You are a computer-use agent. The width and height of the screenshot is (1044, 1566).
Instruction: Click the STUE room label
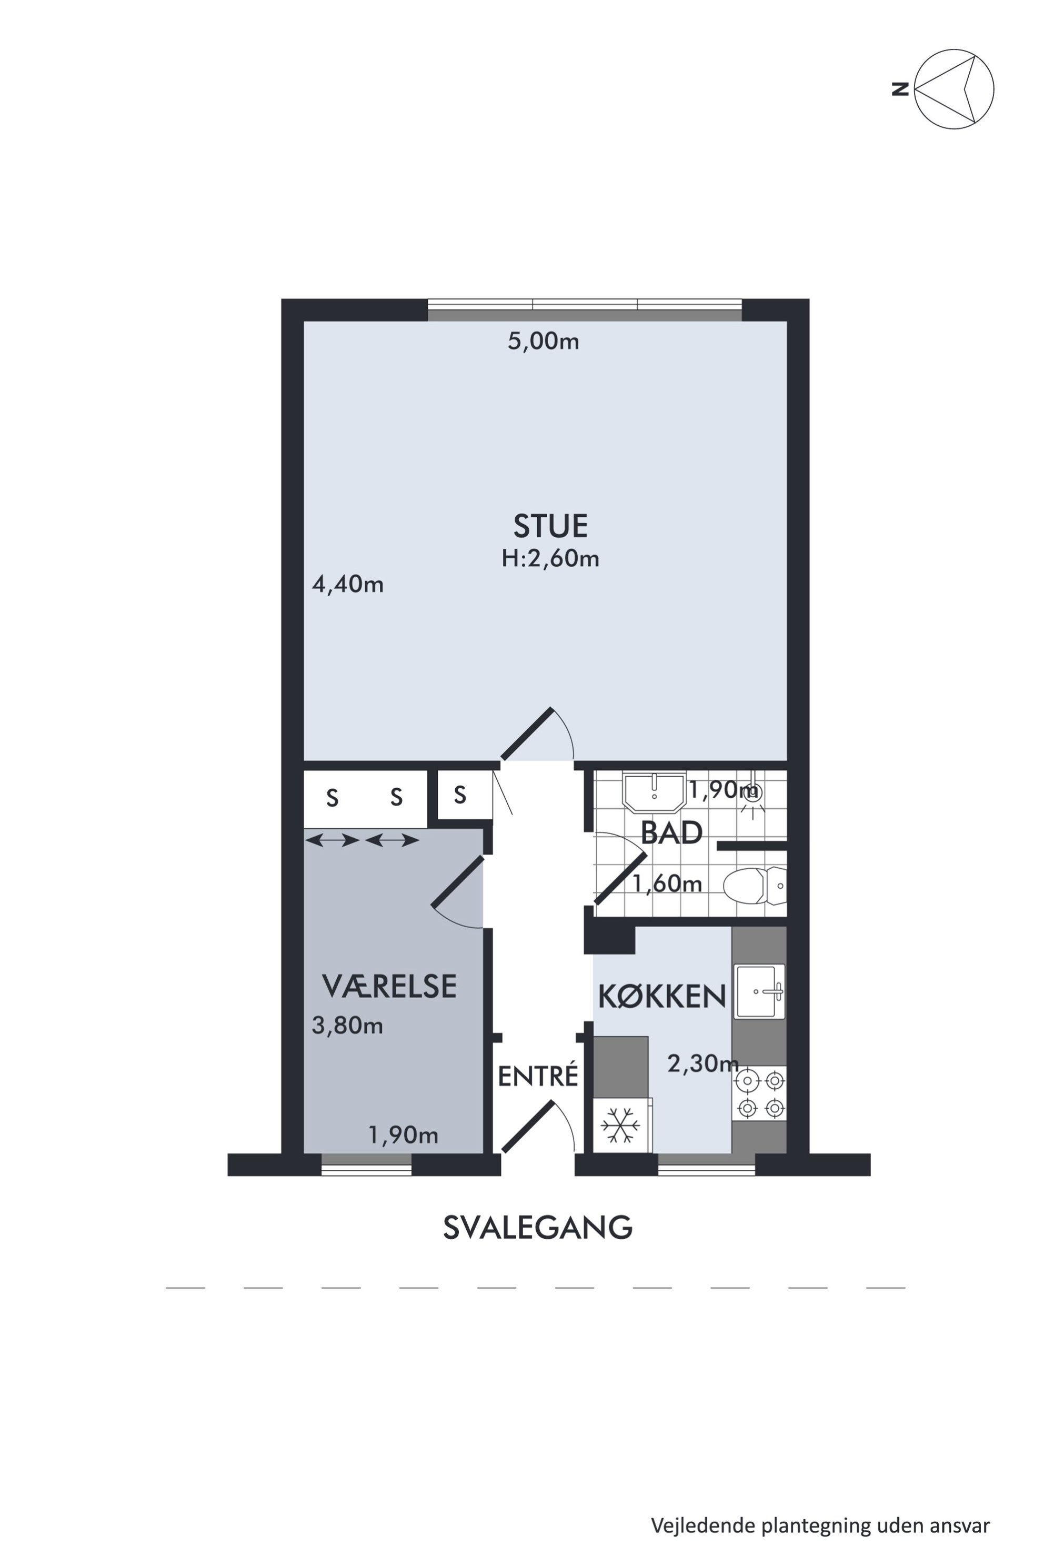coord(550,526)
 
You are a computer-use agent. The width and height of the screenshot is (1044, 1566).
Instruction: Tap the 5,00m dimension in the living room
coord(543,342)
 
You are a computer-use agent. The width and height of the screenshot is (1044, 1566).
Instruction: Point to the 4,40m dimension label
coord(347,585)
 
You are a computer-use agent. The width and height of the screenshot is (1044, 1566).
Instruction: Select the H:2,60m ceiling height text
coord(550,558)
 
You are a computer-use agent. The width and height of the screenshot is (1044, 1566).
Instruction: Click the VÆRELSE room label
coord(389,986)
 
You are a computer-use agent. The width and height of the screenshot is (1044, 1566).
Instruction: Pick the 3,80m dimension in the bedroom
coord(347,1026)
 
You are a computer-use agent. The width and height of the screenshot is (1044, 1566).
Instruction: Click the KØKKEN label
coord(662,997)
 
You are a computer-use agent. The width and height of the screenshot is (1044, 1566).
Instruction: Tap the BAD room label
coord(671,833)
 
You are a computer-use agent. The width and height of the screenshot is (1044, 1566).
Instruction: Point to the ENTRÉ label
coord(538,1077)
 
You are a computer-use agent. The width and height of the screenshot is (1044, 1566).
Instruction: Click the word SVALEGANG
coord(537,1228)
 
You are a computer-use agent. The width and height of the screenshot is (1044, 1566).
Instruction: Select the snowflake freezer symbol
coord(620,1126)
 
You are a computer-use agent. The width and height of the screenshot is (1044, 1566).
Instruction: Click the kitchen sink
coord(759,991)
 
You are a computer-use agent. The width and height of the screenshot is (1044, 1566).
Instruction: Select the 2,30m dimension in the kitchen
coord(703,1064)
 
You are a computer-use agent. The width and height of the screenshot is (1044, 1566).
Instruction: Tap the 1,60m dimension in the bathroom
coord(667,884)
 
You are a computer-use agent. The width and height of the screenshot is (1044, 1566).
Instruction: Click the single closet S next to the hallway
coord(459,795)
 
